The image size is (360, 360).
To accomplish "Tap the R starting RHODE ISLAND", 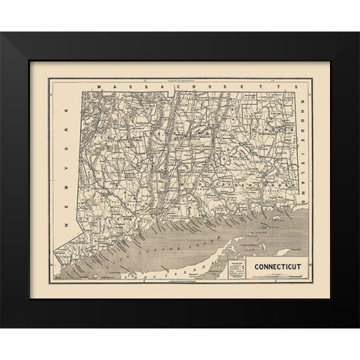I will (x=301, y=97).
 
